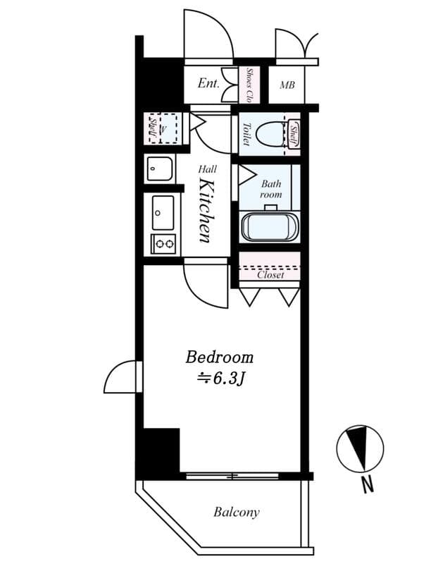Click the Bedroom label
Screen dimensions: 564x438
point(219,357)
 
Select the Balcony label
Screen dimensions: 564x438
point(236,513)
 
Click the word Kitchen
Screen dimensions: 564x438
point(205,209)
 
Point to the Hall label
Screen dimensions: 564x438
point(207,169)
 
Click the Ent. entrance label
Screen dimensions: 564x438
point(208,83)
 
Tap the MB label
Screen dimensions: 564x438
point(287,85)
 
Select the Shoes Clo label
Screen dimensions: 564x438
point(250,85)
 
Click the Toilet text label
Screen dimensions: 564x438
point(246,135)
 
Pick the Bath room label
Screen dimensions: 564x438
point(271,189)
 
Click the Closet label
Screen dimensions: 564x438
point(270,275)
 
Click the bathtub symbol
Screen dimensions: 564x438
point(271,227)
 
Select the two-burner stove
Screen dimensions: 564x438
point(163,245)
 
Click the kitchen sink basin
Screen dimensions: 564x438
point(163,211)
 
